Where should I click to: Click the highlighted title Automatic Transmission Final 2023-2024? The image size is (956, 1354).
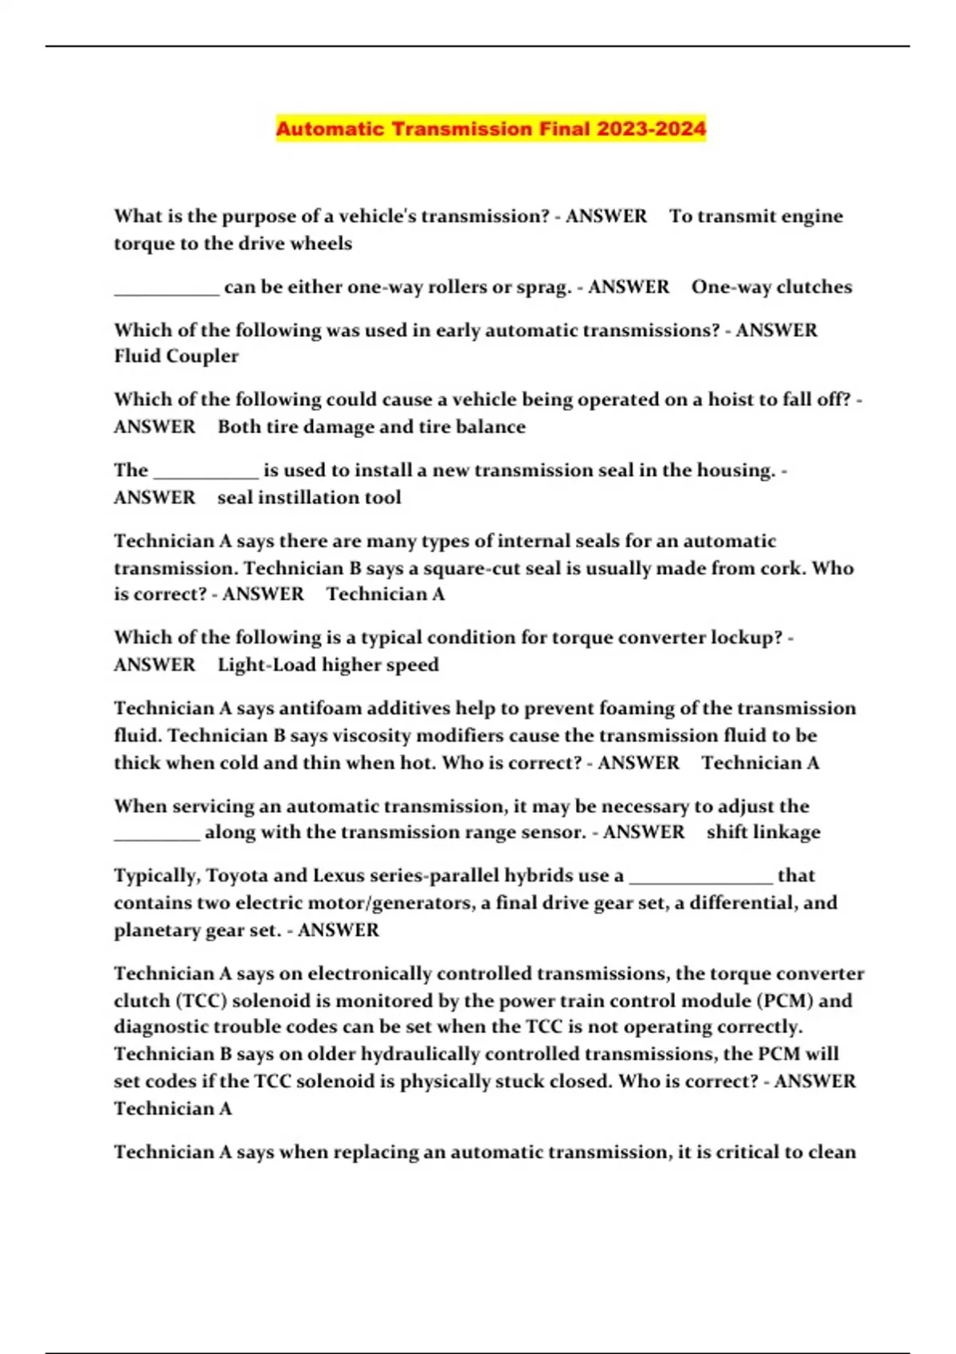coord(491,129)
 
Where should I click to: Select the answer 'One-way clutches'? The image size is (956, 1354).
coord(771,287)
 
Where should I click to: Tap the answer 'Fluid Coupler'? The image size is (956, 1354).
coord(176,356)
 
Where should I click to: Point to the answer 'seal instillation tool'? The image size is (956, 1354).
coord(309,497)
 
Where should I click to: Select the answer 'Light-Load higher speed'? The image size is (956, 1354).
coord(328,664)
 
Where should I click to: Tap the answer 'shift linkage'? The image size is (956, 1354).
coord(763,832)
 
